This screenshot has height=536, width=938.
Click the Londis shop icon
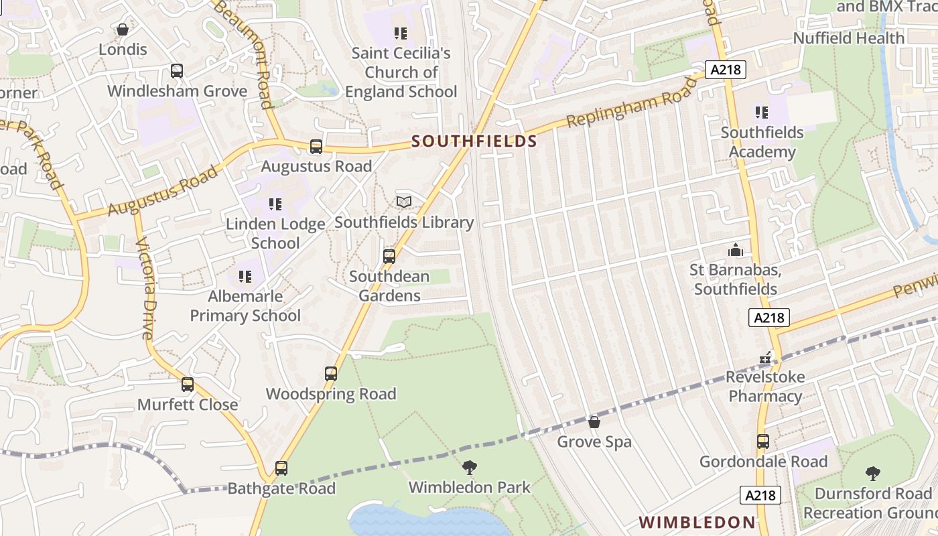click(123, 29)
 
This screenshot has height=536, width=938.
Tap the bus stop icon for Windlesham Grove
click(177, 71)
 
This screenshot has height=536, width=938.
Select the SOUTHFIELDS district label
click(474, 141)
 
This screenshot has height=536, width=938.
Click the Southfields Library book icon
click(404, 202)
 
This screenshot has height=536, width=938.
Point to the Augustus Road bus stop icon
click(316, 147)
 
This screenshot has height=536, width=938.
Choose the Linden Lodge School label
click(275, 233)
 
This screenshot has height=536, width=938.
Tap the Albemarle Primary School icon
click(245, 276)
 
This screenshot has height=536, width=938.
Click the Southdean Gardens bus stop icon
click(389, 257)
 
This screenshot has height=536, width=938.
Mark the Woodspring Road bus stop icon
click(331, 374)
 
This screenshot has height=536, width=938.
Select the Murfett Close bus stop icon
click(188, 385)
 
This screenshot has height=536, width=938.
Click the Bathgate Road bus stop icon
click(281, 468)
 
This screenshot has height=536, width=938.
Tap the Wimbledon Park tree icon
click(470, 467)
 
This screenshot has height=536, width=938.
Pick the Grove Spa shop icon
click(594, 422)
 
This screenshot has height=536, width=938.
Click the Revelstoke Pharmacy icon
click(765, 358)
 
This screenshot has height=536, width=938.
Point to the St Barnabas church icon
click(736, 251)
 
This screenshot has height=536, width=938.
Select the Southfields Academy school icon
click(761, 113)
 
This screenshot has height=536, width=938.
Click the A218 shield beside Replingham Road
click(726, 69)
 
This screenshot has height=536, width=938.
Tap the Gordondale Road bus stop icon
click(763, 442)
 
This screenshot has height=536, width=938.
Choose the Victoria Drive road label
click(145, 288)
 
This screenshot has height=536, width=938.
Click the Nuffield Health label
click(848, 38)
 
